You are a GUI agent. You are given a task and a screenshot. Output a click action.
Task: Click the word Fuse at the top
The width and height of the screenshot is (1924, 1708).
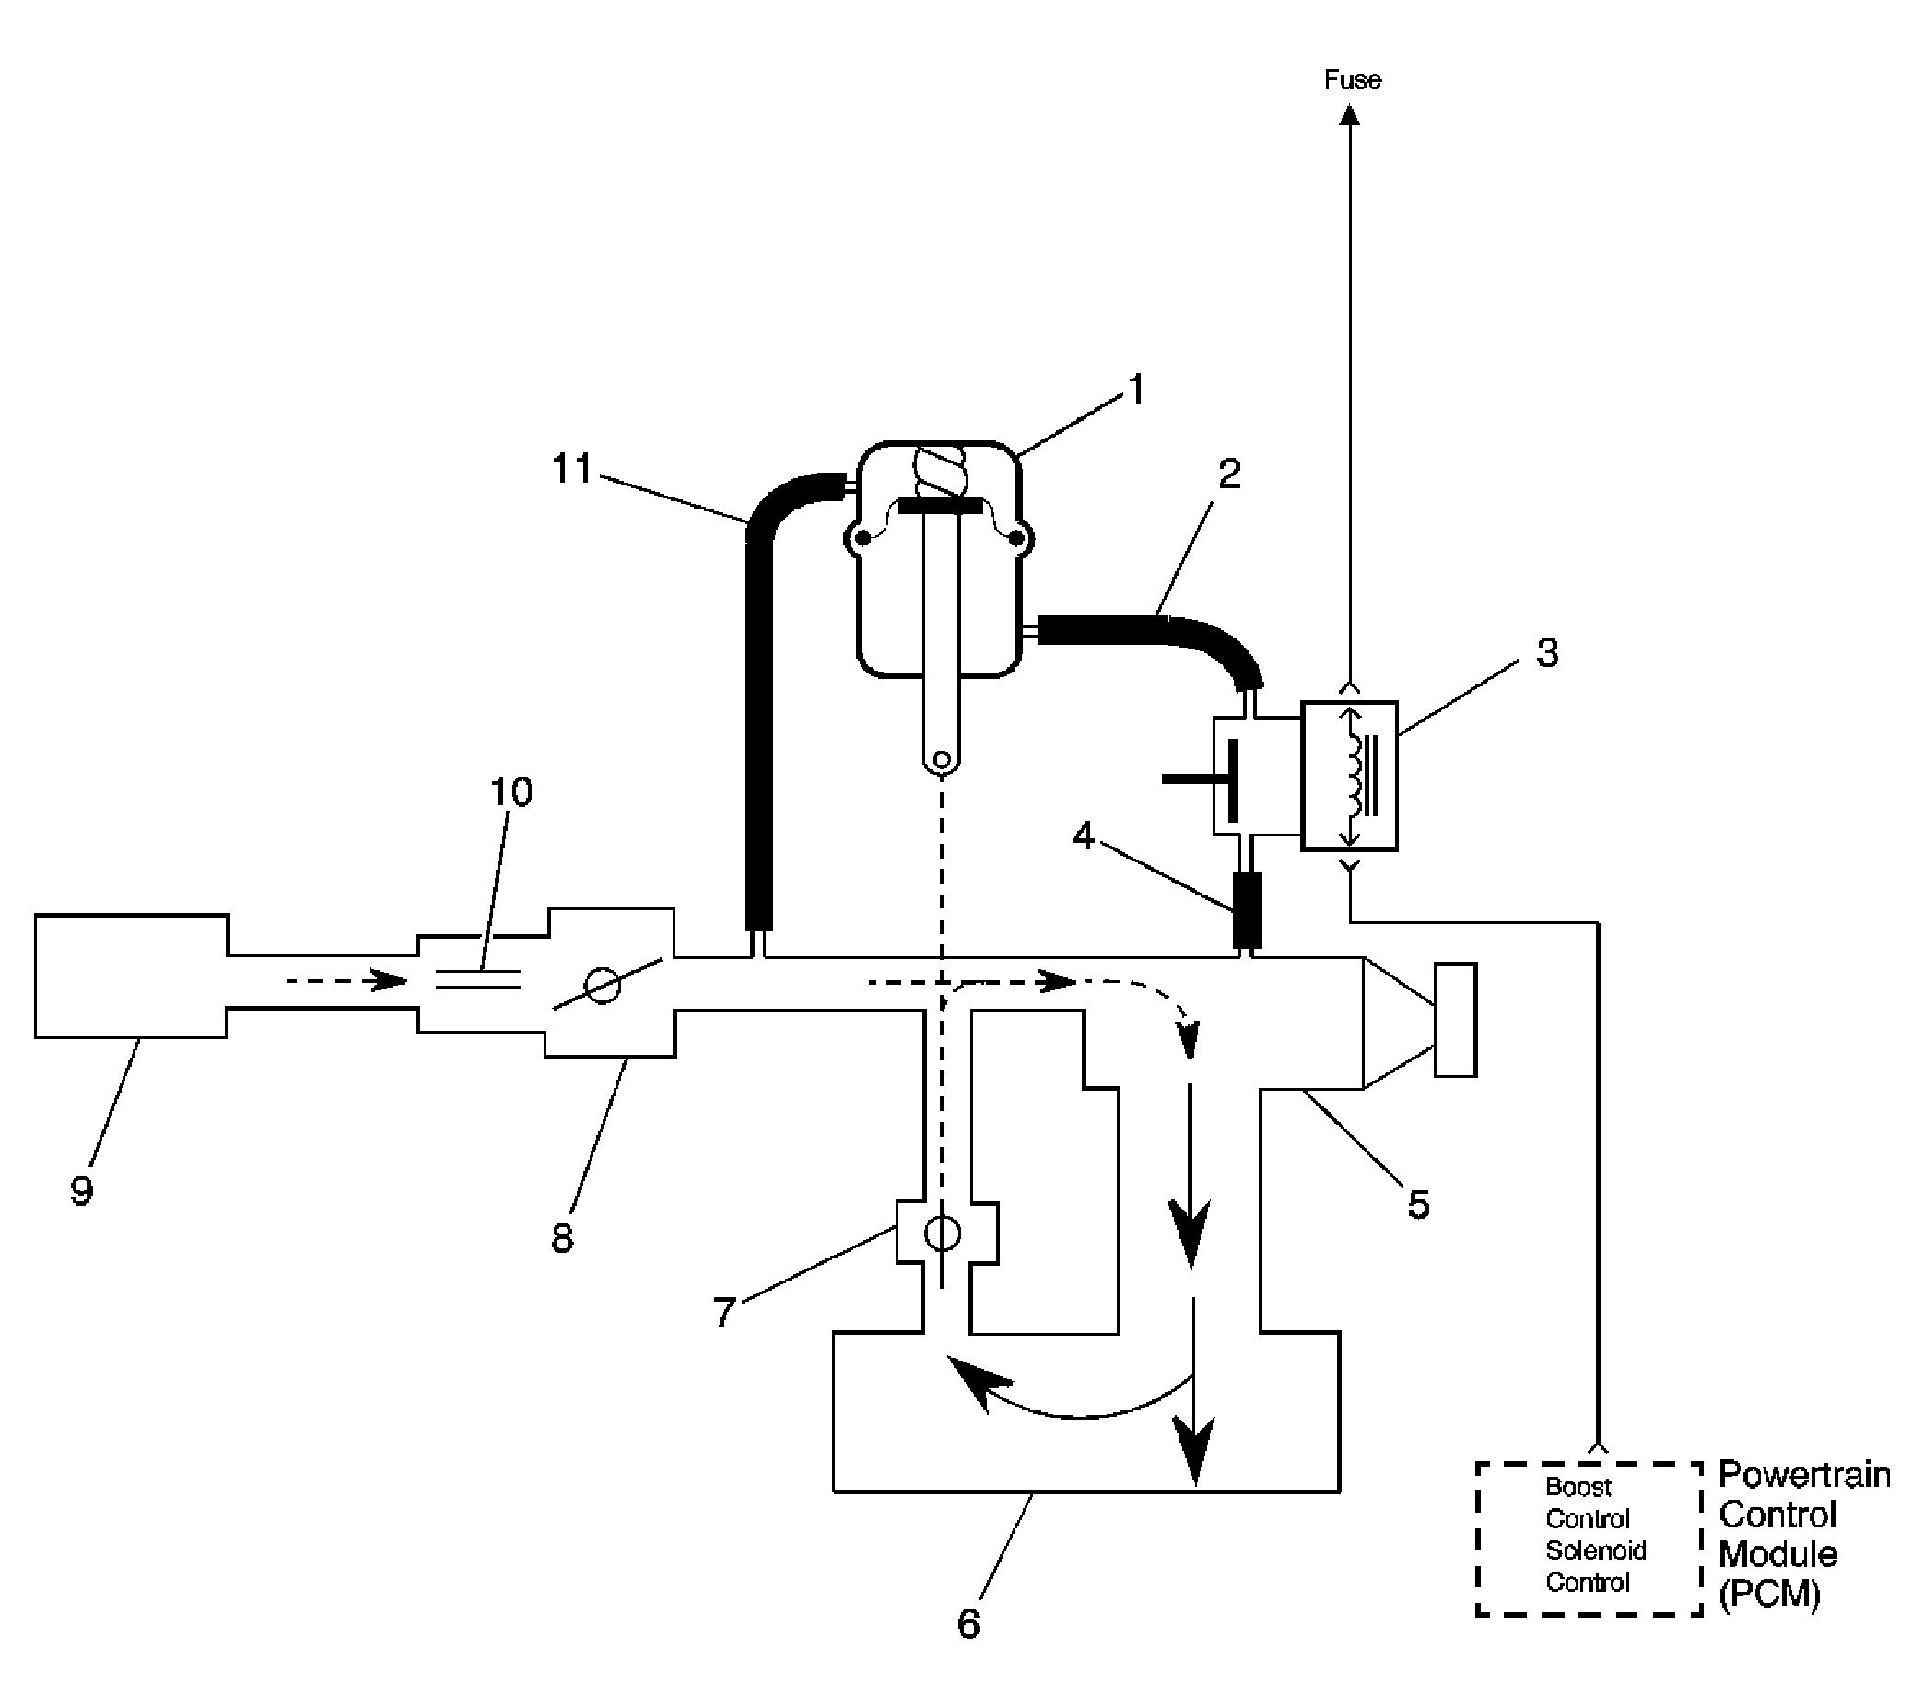click(1352, 81)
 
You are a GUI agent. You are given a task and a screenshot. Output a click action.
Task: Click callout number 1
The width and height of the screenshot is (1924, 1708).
click(1136, 390)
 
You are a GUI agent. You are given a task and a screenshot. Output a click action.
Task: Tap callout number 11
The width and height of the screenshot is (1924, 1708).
click(572, 469)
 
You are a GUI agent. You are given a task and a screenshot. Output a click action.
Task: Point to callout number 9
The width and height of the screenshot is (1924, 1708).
click(82, 1190)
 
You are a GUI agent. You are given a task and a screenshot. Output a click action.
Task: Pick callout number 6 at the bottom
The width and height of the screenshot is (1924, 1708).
click(968, 1625)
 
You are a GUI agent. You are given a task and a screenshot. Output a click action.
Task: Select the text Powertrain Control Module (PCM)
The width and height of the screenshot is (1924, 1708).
click(1801, 1534)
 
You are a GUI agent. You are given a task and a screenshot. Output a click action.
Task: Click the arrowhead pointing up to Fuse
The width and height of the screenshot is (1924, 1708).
click(1350, 115)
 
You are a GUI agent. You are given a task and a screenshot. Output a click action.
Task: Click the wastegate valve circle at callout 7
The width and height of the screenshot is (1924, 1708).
click(943, 1232)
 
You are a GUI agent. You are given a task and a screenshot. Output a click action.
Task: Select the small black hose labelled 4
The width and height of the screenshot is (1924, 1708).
click(1247, 910)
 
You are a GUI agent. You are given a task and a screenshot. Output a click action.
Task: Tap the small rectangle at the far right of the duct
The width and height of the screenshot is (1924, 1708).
click(1454, 1019)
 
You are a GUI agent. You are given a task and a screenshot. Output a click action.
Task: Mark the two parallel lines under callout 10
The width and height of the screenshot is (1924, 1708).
click(478, 978)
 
